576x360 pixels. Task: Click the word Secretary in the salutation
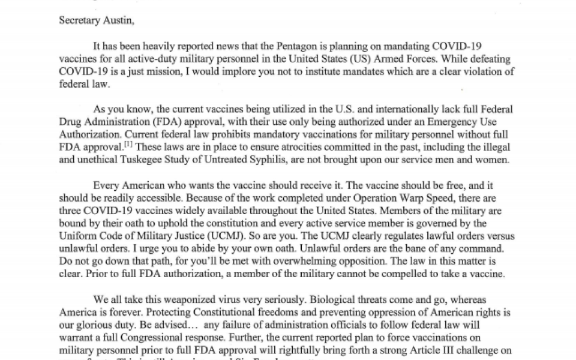(x=77, y=20)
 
